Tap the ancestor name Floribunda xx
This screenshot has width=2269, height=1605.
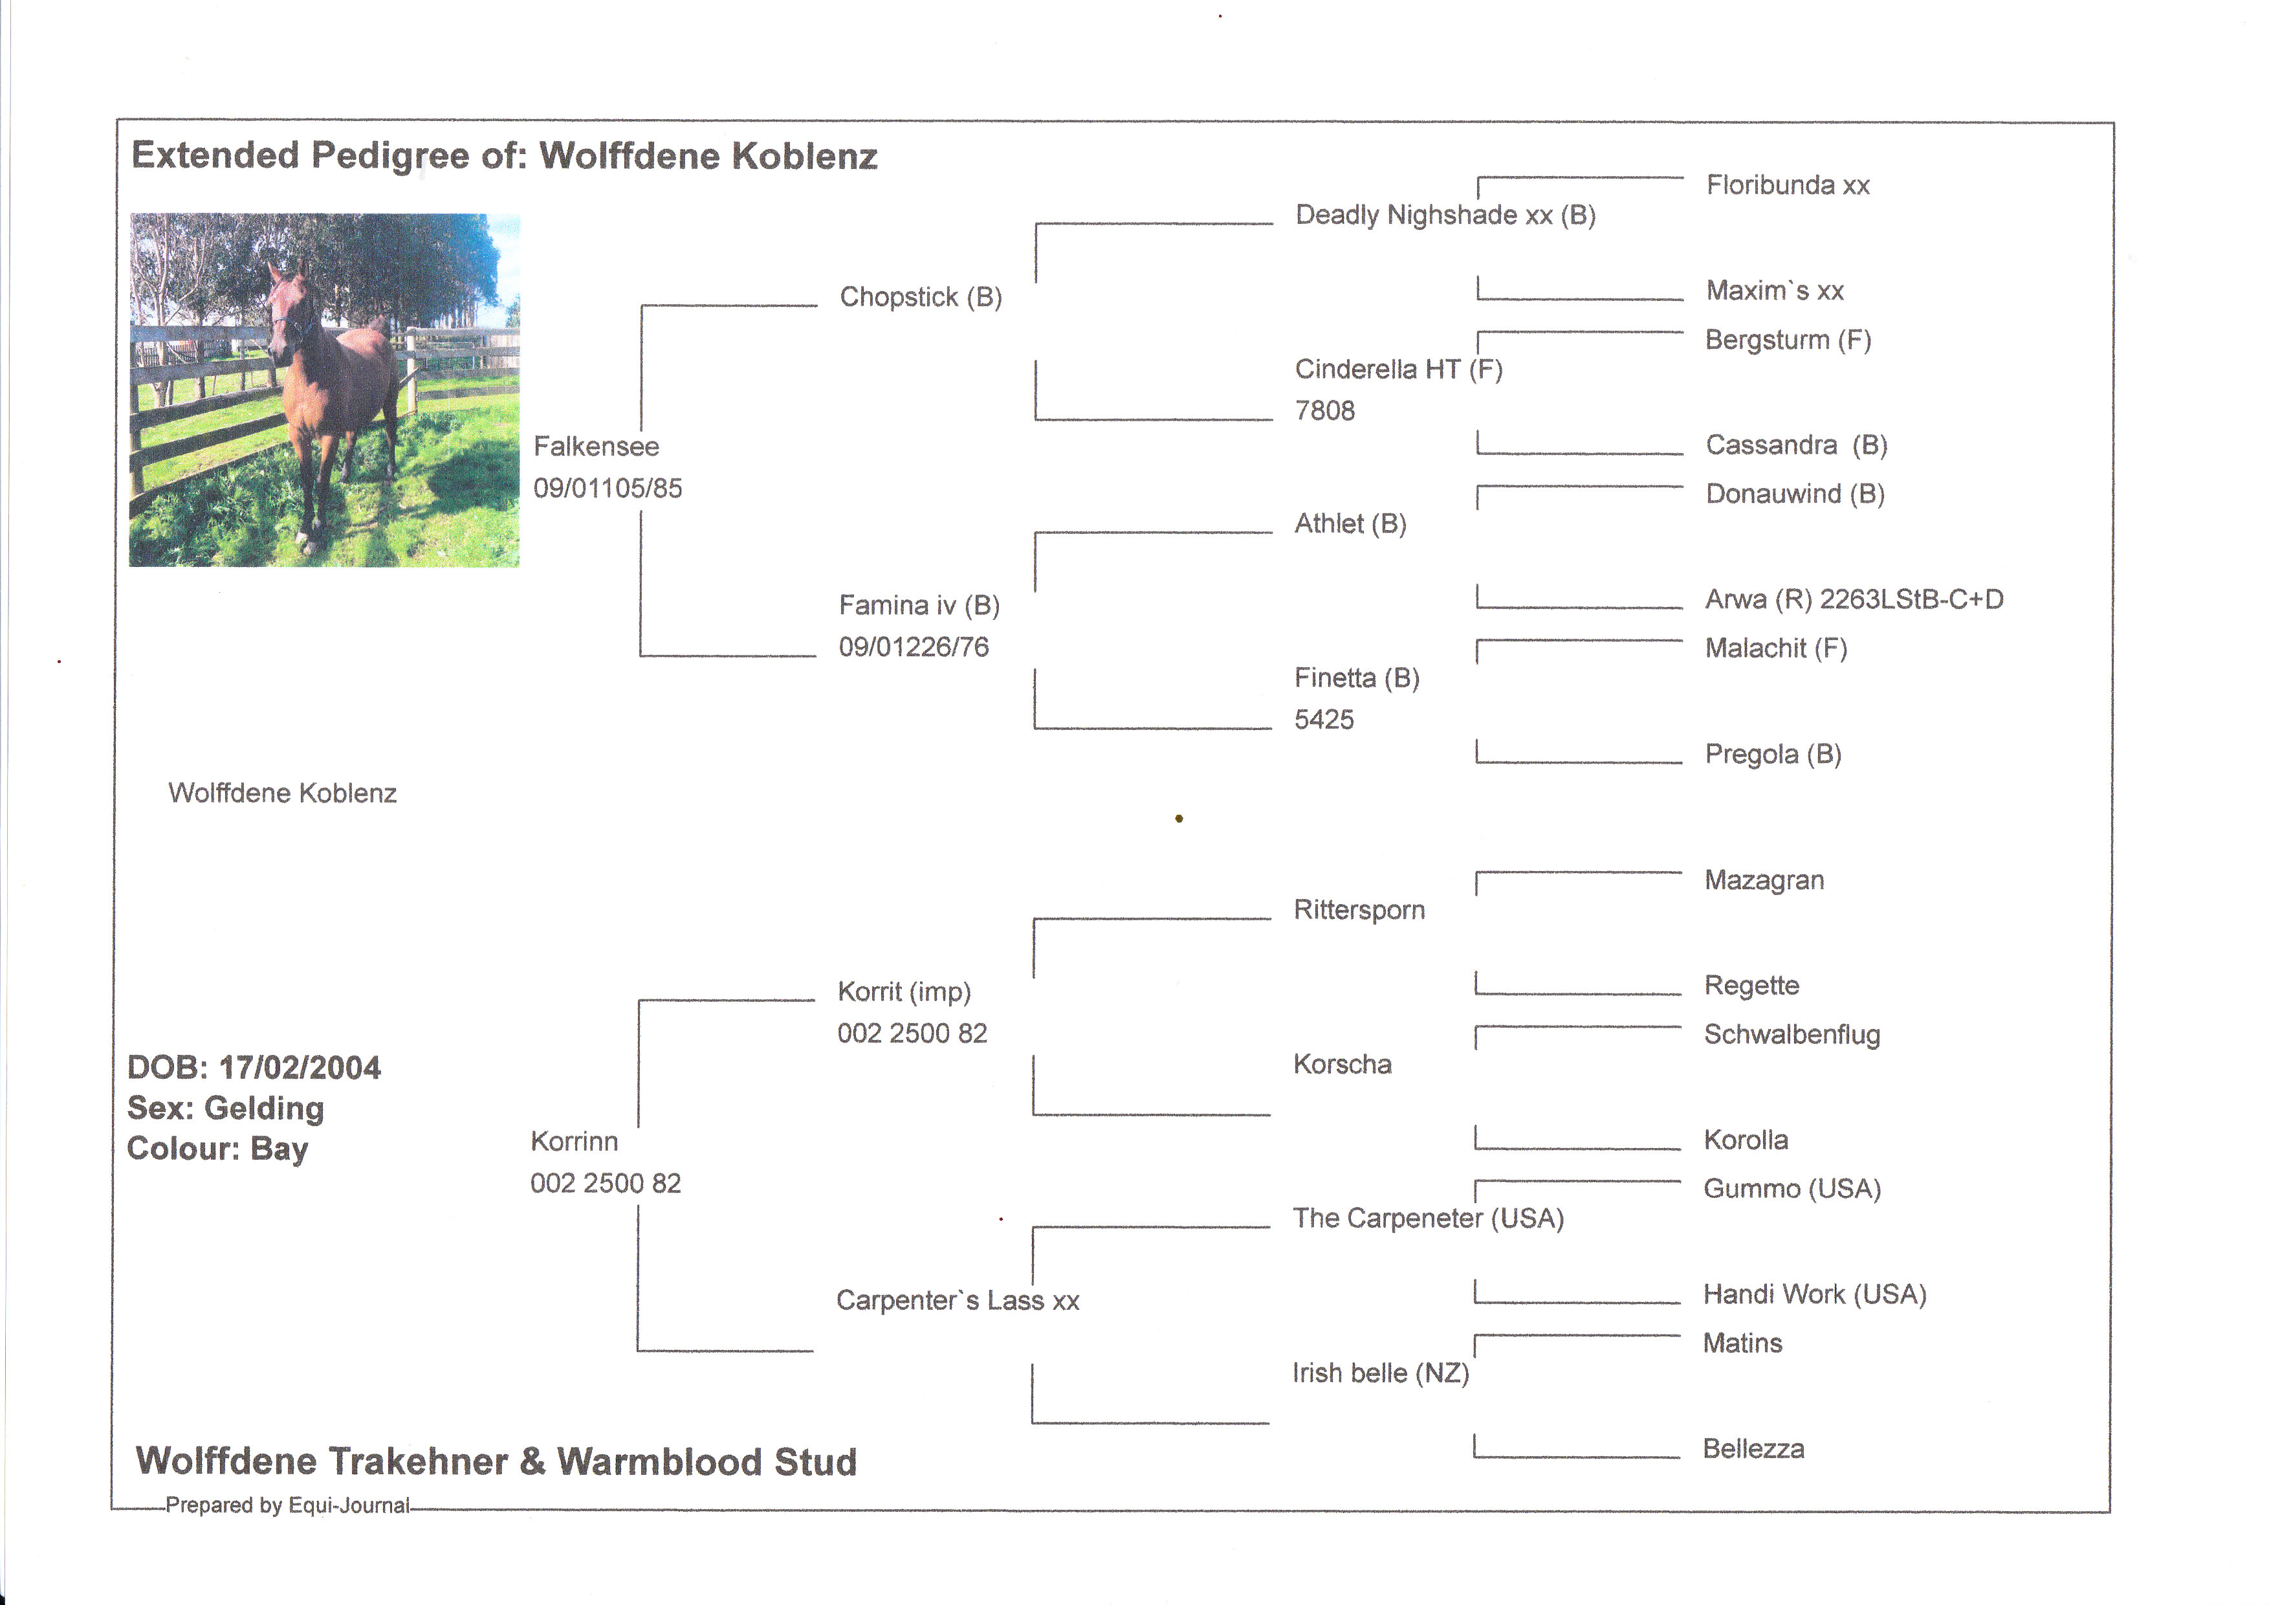(x=1787, y=186)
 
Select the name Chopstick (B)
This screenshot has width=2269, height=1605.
(x=920, y=298)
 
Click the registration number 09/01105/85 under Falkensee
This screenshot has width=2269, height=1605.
(x=607, y=488)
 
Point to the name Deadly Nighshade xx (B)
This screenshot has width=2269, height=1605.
(x=1445, y=216)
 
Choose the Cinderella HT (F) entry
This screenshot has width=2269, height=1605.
(x=1398, y=370)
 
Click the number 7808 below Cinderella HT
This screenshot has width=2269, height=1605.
(x=1324, y=411)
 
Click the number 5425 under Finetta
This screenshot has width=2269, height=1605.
(x=1323, y=720)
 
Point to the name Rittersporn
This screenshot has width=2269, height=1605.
(x=1359, y=910)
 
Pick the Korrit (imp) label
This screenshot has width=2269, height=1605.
(x=903, y=992)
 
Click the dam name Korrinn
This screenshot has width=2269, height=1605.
(x=574, y=1142)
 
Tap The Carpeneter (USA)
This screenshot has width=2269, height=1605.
(x=1428, y=1219)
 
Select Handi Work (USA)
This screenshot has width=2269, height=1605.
(x=1814, y=1294)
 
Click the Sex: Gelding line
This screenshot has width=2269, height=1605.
(x=225, y=1109)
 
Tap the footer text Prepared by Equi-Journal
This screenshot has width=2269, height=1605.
(x=287, y=1505)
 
